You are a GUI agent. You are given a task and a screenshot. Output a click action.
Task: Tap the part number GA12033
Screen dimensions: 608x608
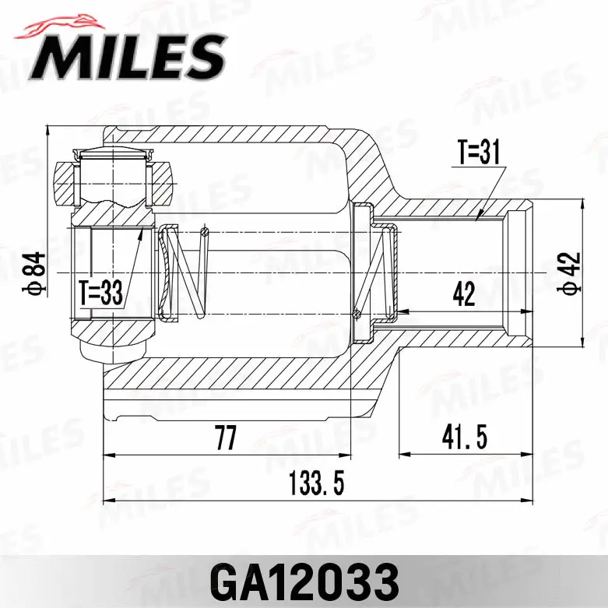[304, 581]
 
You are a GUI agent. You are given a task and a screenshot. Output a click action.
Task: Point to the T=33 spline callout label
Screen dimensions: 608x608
[101, 293]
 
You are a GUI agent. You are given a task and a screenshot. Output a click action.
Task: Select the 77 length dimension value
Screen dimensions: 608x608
[226, 440]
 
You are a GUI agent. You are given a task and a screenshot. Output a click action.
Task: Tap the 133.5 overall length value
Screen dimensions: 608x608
[316, 484]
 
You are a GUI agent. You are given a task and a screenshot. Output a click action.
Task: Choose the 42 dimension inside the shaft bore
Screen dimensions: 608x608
[464, 295]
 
